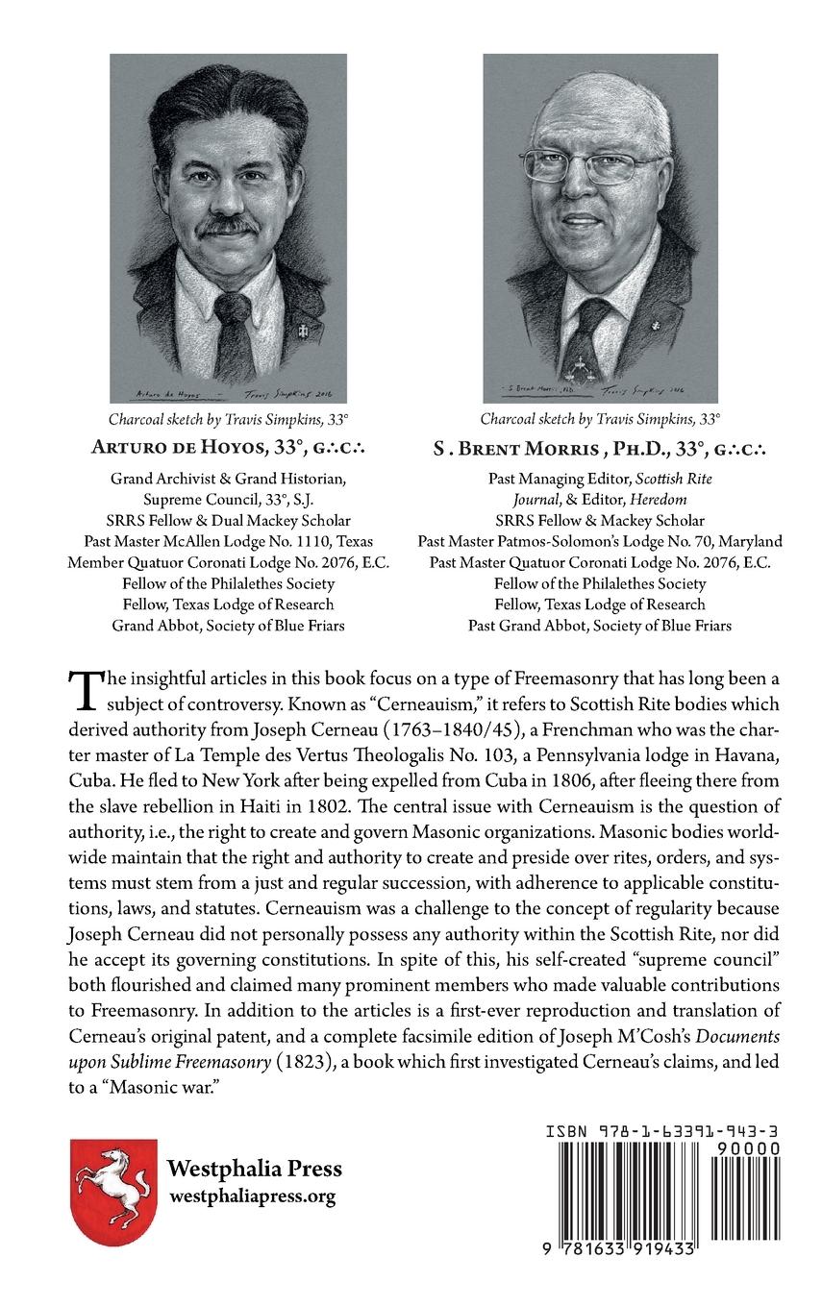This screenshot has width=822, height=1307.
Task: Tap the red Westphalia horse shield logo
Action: [x=113, y=1192]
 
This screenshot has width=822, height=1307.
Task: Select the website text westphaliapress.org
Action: [x=252, y=1196]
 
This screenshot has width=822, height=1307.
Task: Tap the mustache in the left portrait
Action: [x=228, y=227]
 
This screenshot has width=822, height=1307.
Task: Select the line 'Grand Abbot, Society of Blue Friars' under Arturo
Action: [x=228, y=625]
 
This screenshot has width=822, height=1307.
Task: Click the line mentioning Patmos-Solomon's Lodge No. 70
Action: [x=600, y=541]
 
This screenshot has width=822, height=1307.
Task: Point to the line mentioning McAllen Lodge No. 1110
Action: [x=228, y=541]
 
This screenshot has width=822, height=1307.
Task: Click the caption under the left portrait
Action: [x=228, y=418]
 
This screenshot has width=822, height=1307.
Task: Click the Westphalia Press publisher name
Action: [x=254, y=1170]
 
